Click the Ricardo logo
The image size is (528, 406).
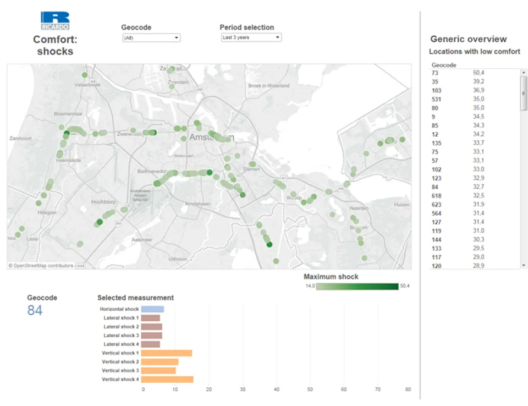pyautogui.click(x=55, y=20)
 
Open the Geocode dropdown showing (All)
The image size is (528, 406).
pyautogui.click(x=151, y=38)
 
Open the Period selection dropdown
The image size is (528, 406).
pyautogui.click(x=251, y=37)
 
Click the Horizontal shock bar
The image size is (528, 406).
pyautogui.click(x=152, y=309)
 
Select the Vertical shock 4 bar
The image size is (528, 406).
pyautogui.click(x=167, y=380)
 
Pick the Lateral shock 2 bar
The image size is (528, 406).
pyautogui.click(x=151, y=327)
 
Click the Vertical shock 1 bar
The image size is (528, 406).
pyautogui.click(x=167, y=353)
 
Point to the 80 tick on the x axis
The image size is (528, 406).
pyautogui.click(x=408, y=389)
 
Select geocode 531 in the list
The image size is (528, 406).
pyautogui.click(x=436, y=99)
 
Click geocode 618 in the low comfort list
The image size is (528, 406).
pyautogui.click(x=436, y=196)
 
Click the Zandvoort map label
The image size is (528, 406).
pyautogui.click(x=20, y=139)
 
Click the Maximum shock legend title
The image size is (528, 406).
pyautogui.click(x=331, y=277)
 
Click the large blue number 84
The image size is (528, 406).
pyautogui.click(x=35, y=311)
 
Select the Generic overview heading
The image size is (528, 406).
pyautogui.click(x=468, y=39)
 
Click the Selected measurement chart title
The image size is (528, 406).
pyautogui.click(x=135, y=298)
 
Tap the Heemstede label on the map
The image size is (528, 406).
pyautogui.click(x=68, y=160)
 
